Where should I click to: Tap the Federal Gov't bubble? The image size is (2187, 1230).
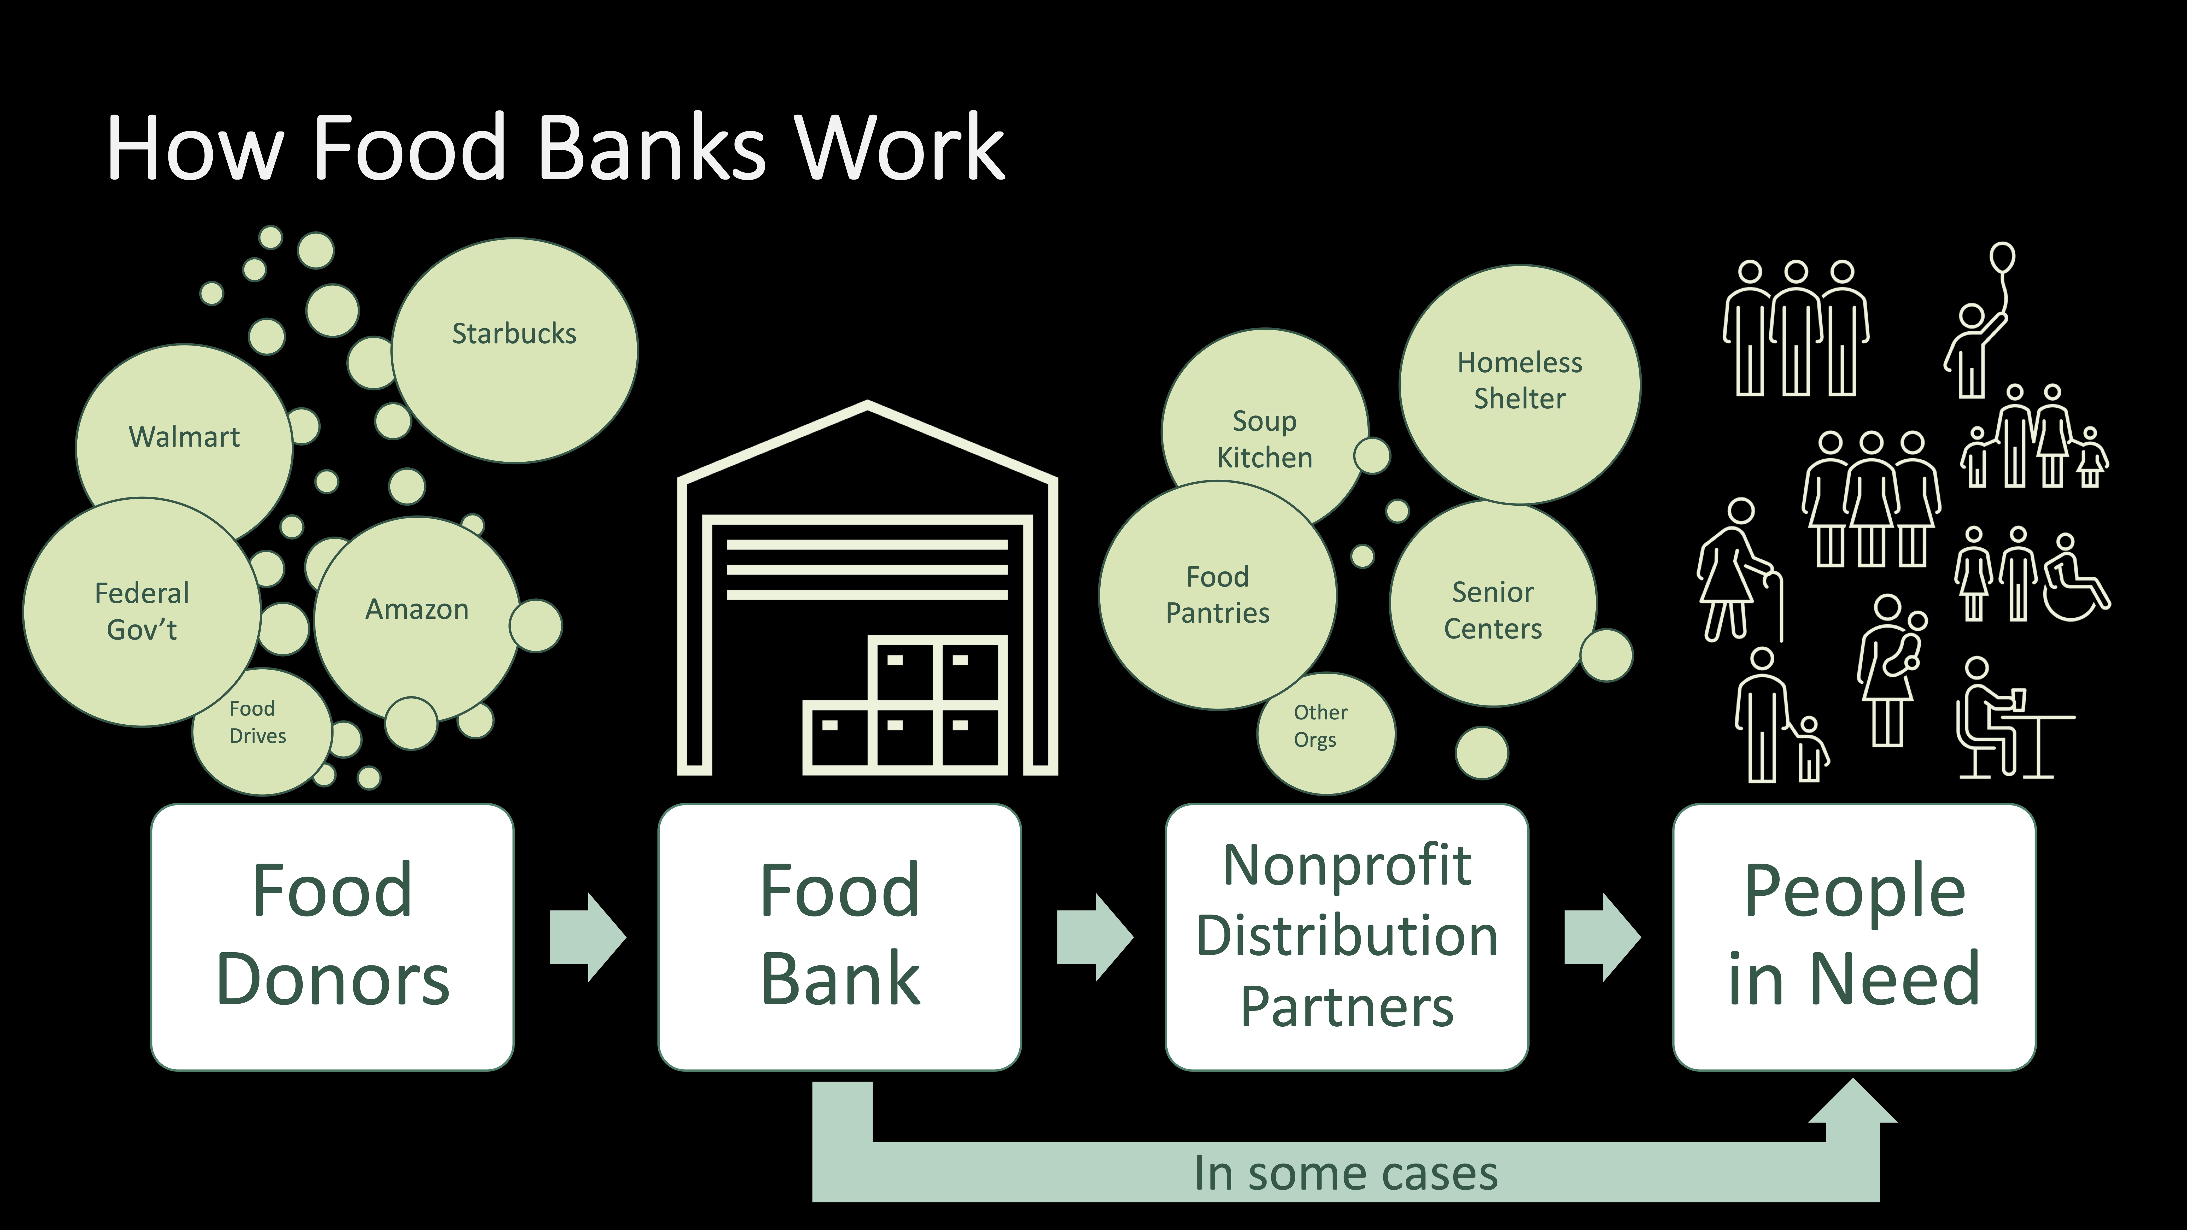click(142, 611)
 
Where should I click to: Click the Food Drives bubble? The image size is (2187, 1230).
click(259, 726)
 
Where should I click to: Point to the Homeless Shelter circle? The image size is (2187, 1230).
click(1520, 382)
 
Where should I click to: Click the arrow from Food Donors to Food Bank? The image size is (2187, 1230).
click(587, 937)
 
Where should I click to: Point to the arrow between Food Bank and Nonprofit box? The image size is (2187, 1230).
click(1094, 937)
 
